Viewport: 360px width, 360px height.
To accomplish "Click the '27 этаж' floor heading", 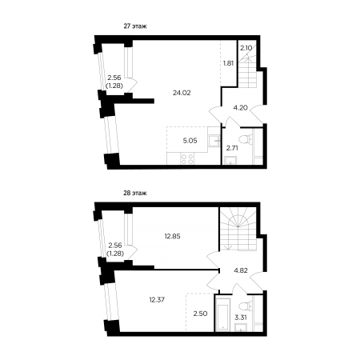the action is coord(135,26).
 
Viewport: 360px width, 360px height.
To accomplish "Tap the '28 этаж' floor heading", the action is coord(135,193).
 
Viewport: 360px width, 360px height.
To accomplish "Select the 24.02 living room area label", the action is coord(182,93).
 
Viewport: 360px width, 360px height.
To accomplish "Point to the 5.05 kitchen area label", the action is coord(190,141).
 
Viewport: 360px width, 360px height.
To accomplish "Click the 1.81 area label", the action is coord(228,63).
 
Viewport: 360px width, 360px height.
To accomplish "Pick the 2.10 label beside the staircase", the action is coord(246,48).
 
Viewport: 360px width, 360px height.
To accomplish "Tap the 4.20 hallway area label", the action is coord(240,108).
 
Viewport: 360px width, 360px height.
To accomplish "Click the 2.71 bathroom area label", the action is coord(232,148).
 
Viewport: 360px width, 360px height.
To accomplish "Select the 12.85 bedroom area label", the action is coord(172,236).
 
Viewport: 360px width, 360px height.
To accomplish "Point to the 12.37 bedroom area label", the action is coord(157,300).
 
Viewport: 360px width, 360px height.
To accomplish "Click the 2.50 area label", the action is coord(200,314).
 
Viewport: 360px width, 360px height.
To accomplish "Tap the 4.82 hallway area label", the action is coord(241,270).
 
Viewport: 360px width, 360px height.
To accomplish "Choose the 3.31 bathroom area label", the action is coord(241,318).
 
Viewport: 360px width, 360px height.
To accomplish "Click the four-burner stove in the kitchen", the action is coord(187,159).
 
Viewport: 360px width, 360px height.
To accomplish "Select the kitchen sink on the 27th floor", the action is coord(214,140).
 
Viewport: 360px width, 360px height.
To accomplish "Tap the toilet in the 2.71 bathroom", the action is coord(246,139).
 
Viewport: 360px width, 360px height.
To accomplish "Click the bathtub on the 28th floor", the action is coord(223,314).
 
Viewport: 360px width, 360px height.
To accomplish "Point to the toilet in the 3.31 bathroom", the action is coord(246,306).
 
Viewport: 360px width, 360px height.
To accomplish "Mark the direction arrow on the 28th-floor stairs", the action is coord(228,247).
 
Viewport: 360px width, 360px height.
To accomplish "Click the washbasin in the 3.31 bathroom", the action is coord(241,327).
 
